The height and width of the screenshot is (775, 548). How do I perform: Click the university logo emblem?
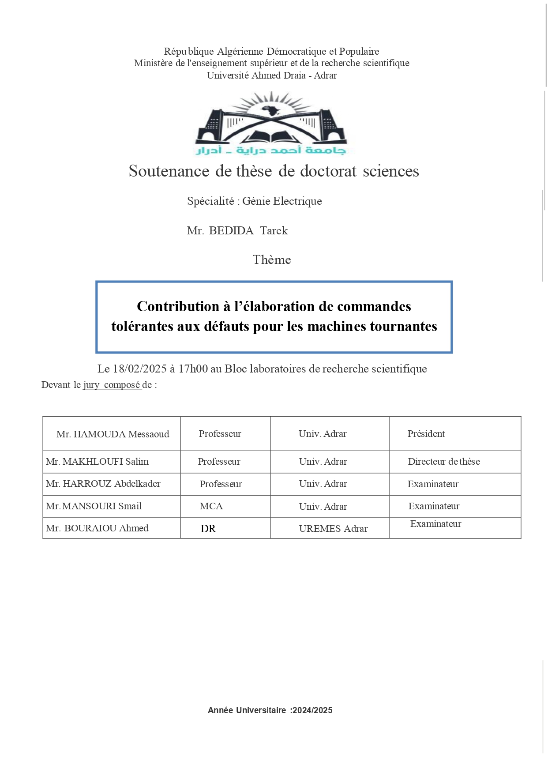tap(271, 123)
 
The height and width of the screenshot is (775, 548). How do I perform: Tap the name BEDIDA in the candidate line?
tap(231, 231)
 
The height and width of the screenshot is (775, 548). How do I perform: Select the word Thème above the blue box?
tap(272, 260)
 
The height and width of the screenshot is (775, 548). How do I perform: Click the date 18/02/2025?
tap(140, 369)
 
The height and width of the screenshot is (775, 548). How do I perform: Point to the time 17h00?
tap(193, 369)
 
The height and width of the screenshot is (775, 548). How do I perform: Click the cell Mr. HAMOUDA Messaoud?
tap(113, 434)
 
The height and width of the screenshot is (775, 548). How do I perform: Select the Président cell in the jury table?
tap(426, 434)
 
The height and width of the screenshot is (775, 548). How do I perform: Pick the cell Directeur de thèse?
tap(443, 462)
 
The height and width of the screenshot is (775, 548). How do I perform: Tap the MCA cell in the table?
tap(211, 506)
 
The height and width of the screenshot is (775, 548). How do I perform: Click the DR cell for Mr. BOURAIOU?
tap(208, 529)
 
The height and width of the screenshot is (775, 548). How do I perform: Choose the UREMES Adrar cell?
tap(333, 529)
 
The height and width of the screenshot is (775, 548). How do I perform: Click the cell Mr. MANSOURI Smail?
tap(94, 506)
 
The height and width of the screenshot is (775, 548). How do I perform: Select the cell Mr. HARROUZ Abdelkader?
tap(103, 484)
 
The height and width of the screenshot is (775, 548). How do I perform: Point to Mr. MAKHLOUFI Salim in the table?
tap(97, 462)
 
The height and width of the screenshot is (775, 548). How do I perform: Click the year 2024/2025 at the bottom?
tap(312, 710)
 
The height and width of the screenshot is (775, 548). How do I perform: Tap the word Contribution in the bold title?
tap(178, 306)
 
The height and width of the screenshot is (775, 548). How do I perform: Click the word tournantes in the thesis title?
tap(403, 326)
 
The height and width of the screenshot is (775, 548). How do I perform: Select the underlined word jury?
tap(91, 385)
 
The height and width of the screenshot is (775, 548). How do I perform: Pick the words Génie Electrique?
tap(282, 201)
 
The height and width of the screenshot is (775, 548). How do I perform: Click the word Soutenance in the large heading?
tap(169, 171)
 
